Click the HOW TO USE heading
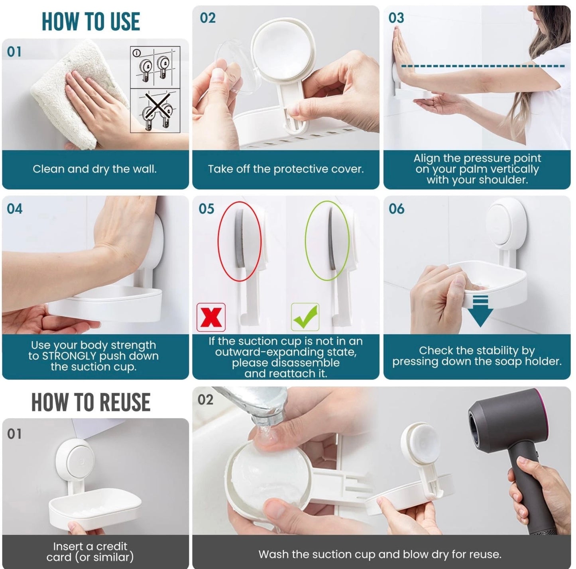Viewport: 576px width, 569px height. [91, 22]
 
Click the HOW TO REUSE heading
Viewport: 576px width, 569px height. [91, 402]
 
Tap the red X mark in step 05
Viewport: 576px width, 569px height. [211, 317]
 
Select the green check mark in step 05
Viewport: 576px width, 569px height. [305, 317]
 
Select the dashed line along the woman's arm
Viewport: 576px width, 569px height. [482, 66]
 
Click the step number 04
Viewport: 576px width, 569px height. [15, 209]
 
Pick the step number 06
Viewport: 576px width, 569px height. [396, 209]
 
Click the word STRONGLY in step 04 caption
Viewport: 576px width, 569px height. [69, 356]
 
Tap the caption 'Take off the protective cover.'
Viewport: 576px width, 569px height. [286, 169]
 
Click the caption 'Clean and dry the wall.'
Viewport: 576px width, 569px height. [94, 169]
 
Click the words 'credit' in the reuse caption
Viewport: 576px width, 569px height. [112, 546]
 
